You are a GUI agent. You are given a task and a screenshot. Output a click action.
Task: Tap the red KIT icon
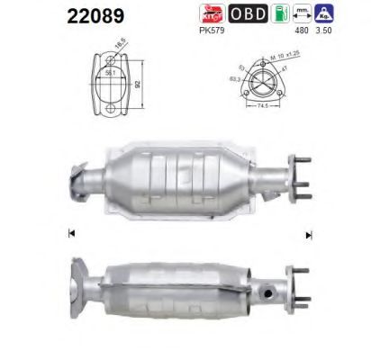pos(210,13)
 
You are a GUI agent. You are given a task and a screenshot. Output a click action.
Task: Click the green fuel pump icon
pos(280,13)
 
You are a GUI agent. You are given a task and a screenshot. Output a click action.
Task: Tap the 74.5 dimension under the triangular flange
pos(262,105)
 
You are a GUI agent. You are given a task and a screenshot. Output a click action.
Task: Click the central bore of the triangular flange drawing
pos(262,82)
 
